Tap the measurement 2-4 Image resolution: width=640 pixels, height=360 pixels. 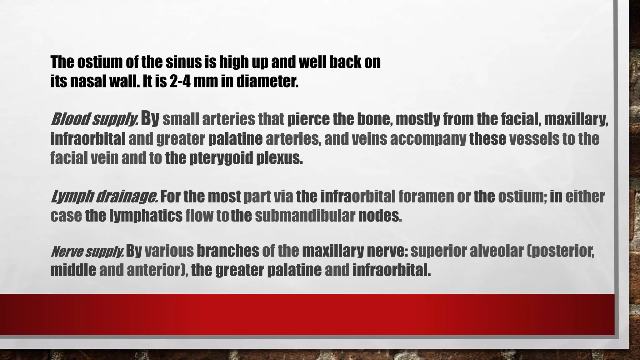pyautogui.click(x=180, y=82)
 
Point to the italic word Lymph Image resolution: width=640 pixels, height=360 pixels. pyautogui.click(x=72, y=197)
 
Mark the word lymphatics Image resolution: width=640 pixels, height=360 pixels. pyautogui.click(x=146, y=216)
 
